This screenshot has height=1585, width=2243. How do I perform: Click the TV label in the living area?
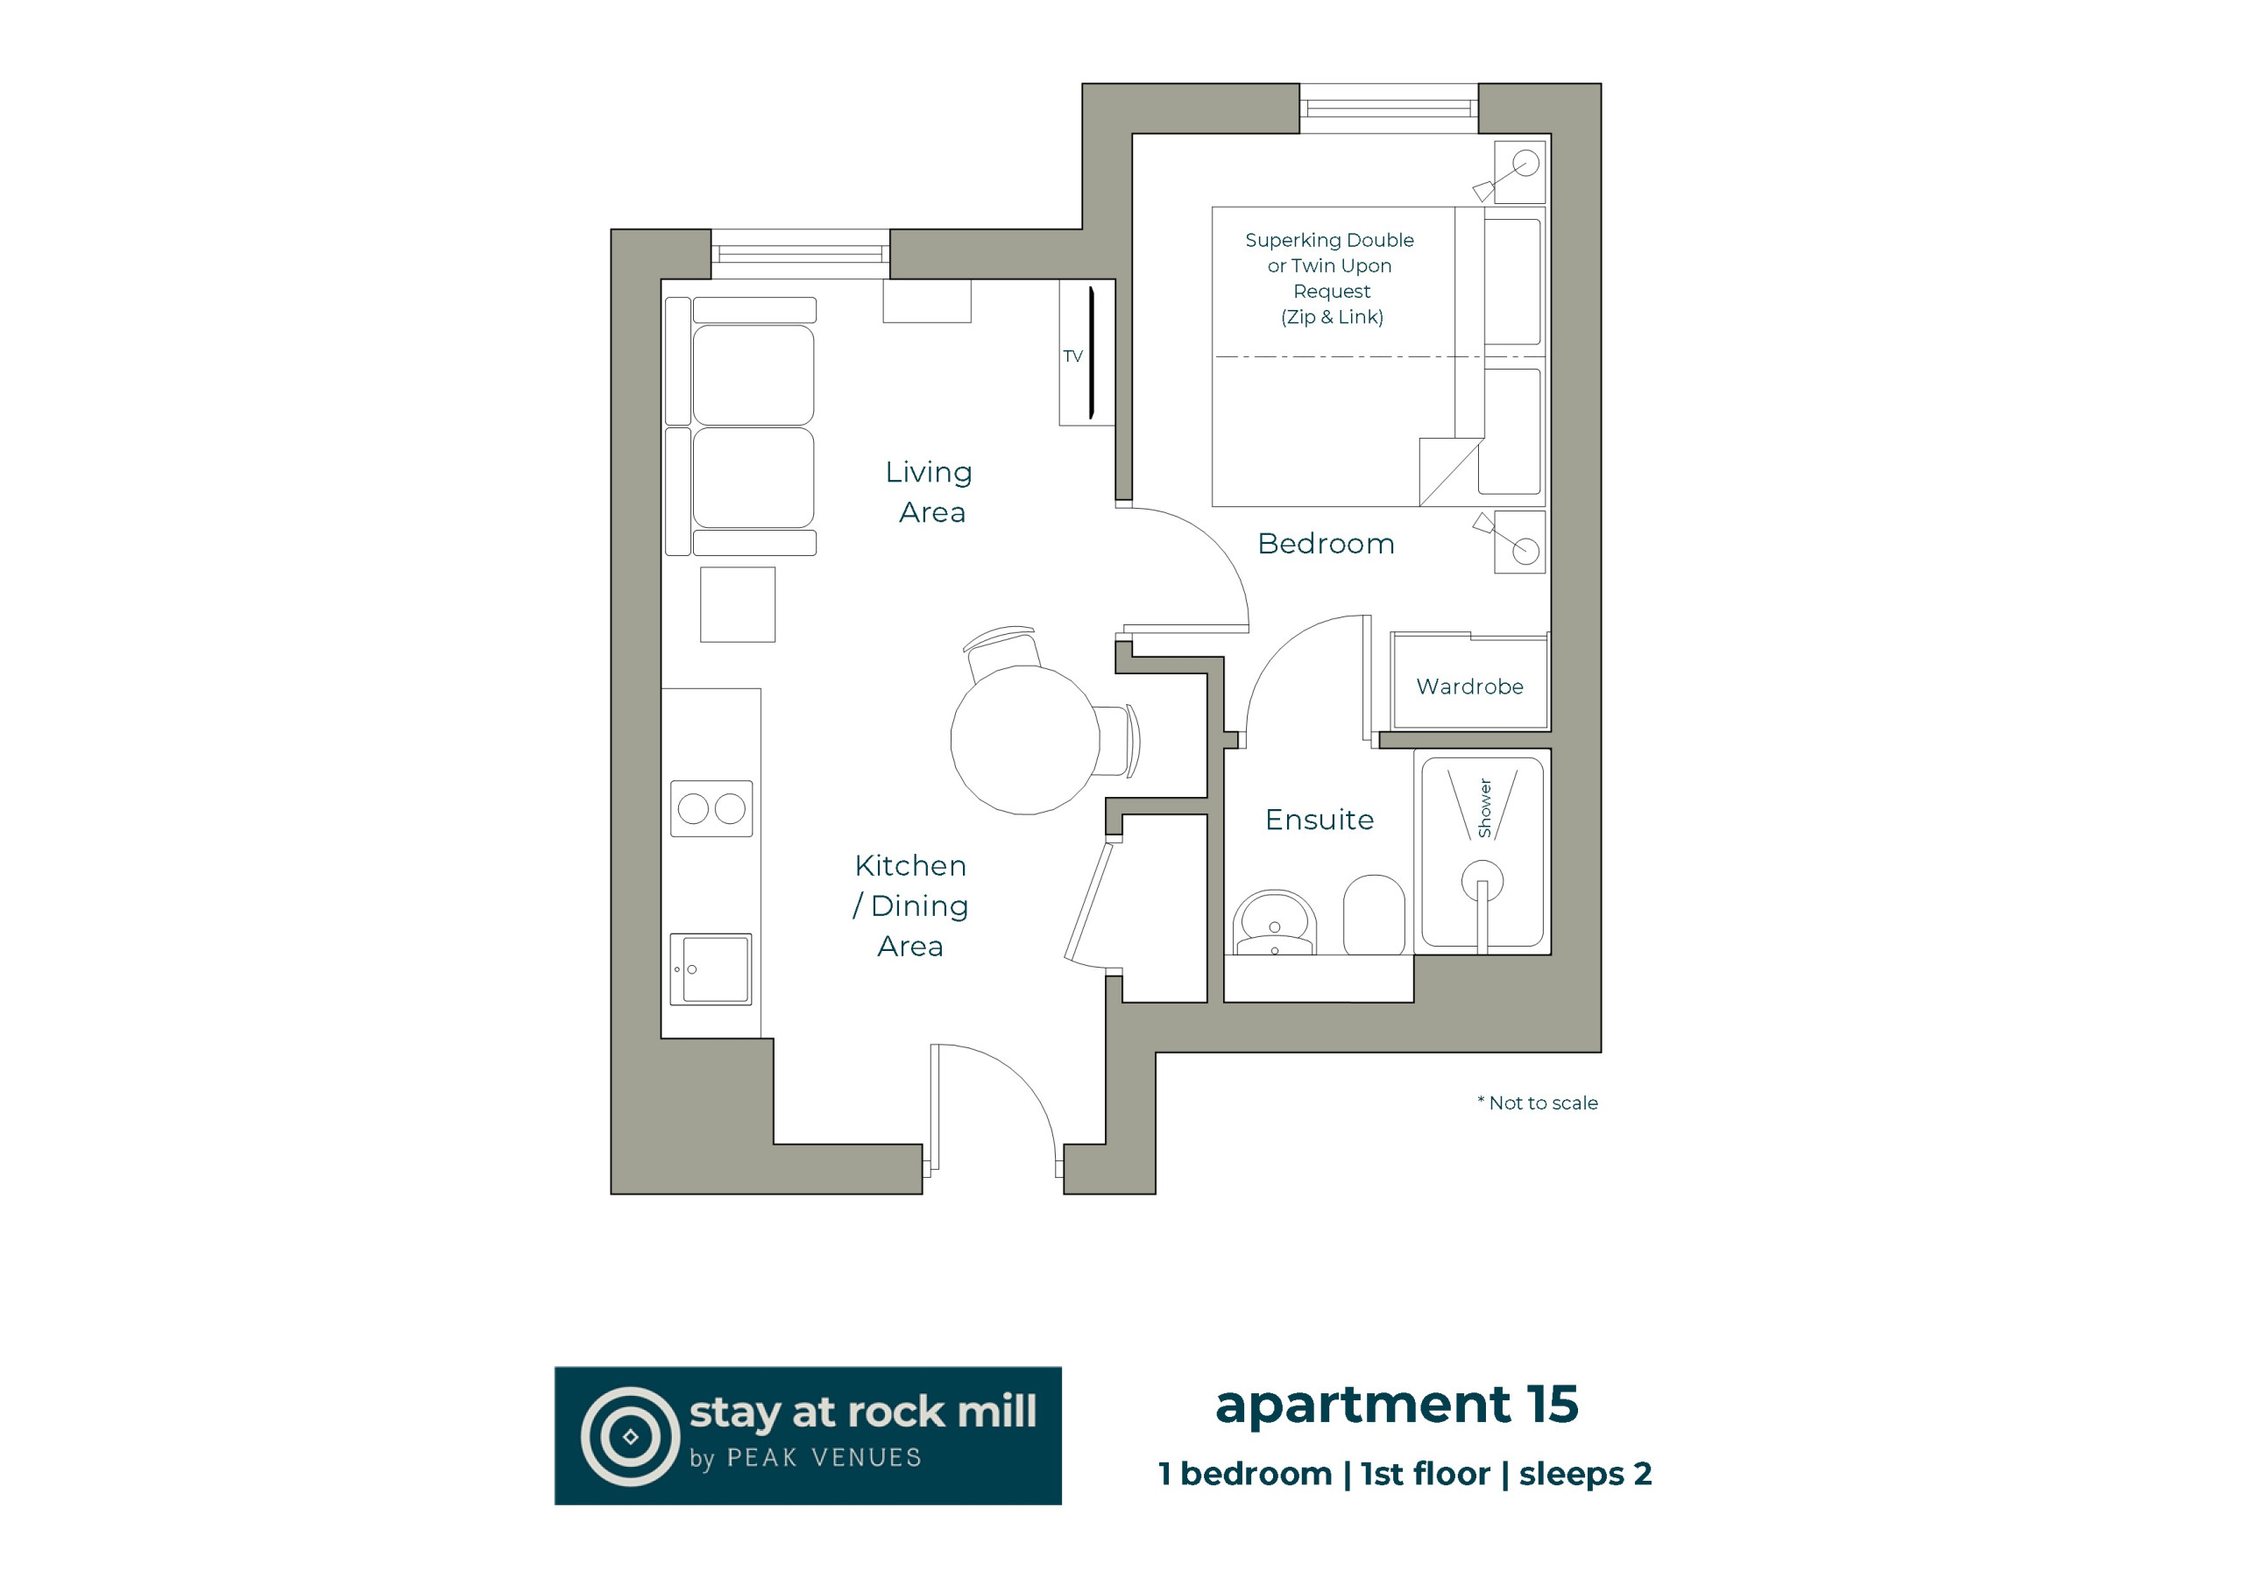tap(1072, 356)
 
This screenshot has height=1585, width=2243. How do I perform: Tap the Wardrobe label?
tap(1469, 687)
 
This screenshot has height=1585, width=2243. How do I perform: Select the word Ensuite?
tap(1319, 820)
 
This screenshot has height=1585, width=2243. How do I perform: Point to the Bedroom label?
tap(1326, 543)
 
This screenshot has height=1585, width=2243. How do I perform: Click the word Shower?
tap(1484, 807)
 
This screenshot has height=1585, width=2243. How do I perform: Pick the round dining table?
tap(1025, 740)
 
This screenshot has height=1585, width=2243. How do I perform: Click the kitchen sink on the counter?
tap(711, 969)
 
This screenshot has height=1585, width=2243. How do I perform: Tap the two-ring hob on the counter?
tap(711, 808)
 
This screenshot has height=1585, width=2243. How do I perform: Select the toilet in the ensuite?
tap(1374, 915)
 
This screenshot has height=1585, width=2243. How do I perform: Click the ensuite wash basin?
tap(1274, 923)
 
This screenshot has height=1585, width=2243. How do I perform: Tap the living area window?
tap(800, 254)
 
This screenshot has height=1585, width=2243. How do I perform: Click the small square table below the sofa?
tap(738, 604)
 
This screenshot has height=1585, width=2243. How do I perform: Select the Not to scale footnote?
tap(1538, 1103)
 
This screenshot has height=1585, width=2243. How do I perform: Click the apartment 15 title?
tap(1396, 1406)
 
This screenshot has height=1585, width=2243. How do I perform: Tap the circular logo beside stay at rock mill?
tap(630, 1436)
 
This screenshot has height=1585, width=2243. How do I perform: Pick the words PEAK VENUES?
tap(824, 1458)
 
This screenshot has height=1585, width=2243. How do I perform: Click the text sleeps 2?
tap(1585, 1475)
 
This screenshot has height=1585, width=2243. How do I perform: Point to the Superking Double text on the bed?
tap(1328, 240)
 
